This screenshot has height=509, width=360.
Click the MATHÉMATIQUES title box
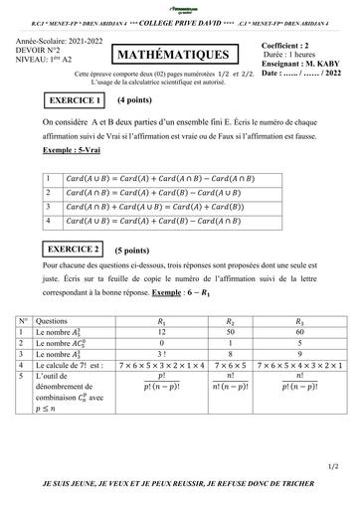tap(180, 58)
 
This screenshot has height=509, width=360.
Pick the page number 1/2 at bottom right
tap(330, 464)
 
